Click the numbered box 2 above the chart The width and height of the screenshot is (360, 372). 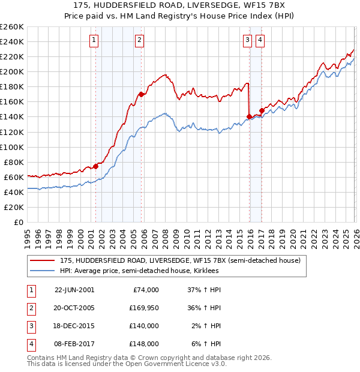pos(139,40)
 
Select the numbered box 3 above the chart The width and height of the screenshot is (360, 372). pos(247,40)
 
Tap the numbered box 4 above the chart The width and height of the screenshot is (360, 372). pos(260,40)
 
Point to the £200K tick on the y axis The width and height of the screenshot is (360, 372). pos(11,71)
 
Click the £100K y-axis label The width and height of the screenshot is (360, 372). pos(11,147)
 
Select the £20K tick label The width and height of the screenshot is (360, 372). pos(13,207)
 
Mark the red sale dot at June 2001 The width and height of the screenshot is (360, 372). pos(95,166)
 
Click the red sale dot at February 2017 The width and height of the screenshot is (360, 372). pos(261,110)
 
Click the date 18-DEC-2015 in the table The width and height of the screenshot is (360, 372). pos(74,326)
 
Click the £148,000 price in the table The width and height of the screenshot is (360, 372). pos(144,344)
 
